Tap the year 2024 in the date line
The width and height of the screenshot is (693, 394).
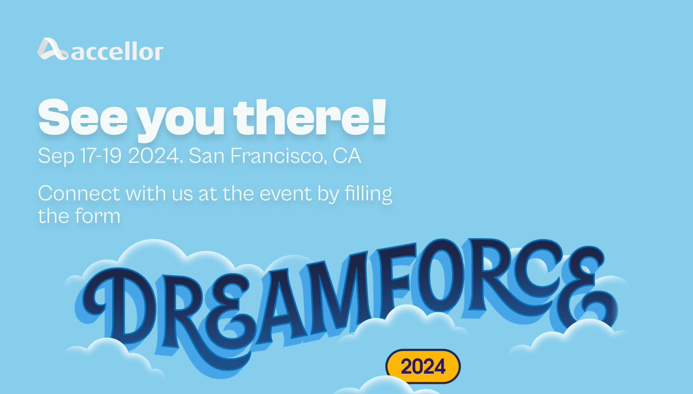point(155,156)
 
